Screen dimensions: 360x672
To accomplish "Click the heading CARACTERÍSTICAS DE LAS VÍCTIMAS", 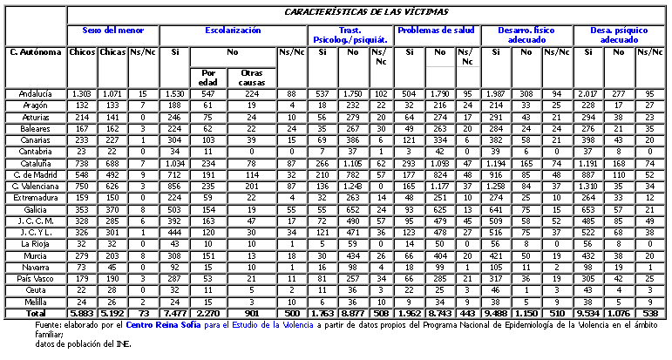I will pyautogui.click(x=365, y=14).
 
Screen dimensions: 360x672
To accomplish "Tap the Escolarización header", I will pyautogui.click(x=233, y=30).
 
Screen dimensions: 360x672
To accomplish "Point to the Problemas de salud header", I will pyautogui.click(x=437, y=30).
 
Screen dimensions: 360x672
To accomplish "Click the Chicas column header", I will pyautogui.click(x=112, y=51).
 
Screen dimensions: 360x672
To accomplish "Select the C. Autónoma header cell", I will pyautogui.click(x=34, y=51).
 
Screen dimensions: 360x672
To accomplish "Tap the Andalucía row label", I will pyautogui.click(x=34, y=93).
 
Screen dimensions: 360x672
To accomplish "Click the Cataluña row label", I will pyautogui.click(x=34, y=163).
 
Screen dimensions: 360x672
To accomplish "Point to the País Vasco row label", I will pyautogui.click(x=34, y=277).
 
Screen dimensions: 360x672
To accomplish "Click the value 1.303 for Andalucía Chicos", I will pyautogui.click(x=81, y=93).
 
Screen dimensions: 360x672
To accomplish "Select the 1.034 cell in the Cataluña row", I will pyautogui.click(x=175, y=163).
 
